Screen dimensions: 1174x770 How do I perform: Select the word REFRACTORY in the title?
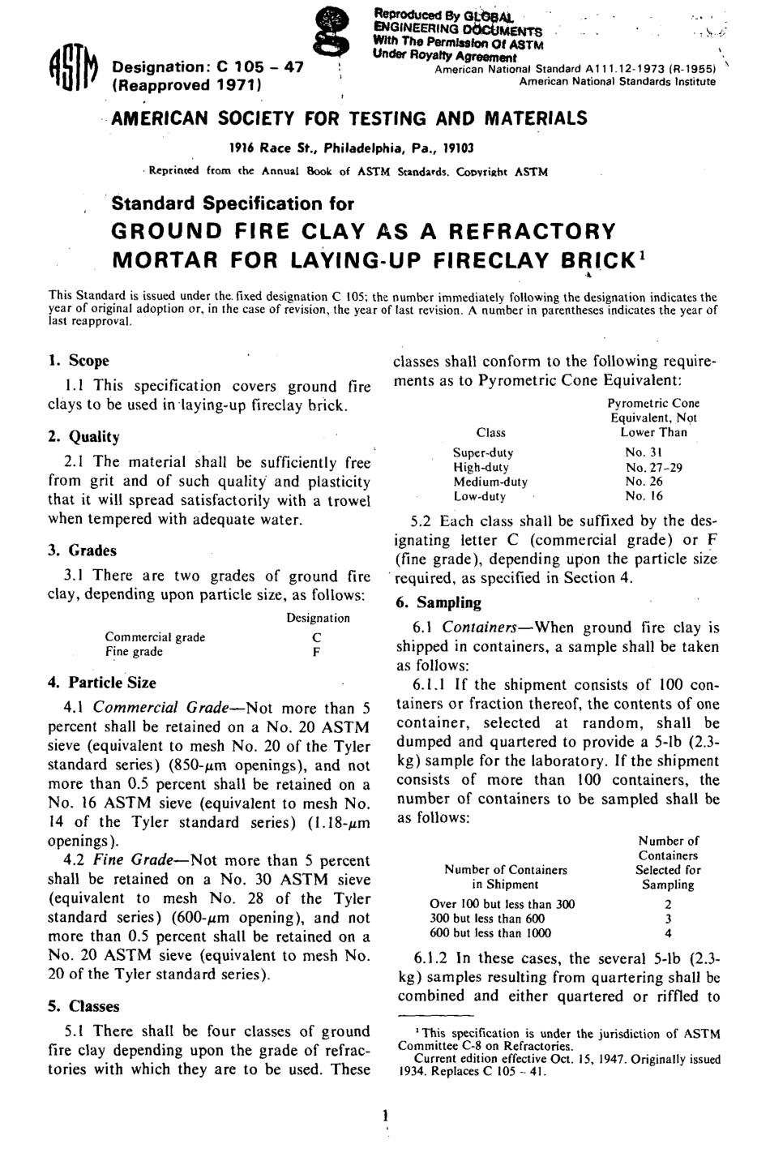click(x=533, y=233)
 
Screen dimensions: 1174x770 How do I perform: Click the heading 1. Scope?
click(x=79, y=361)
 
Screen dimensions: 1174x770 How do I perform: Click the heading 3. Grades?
click(x=82, y=551)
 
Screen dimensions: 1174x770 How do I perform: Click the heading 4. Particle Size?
click(x=102, y=683)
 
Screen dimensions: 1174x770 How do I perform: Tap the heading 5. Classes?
click(x=83, y=1006)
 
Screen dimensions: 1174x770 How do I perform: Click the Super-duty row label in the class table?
click(x=483, y=452)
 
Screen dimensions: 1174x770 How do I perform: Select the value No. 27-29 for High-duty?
click(x=654, y=467)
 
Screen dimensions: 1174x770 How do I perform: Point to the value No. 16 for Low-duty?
click(x=644, y=496)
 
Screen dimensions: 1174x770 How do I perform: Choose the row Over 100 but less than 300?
click(x=502, y=904)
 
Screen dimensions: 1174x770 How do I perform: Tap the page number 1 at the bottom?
click(x=383, y=1116)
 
